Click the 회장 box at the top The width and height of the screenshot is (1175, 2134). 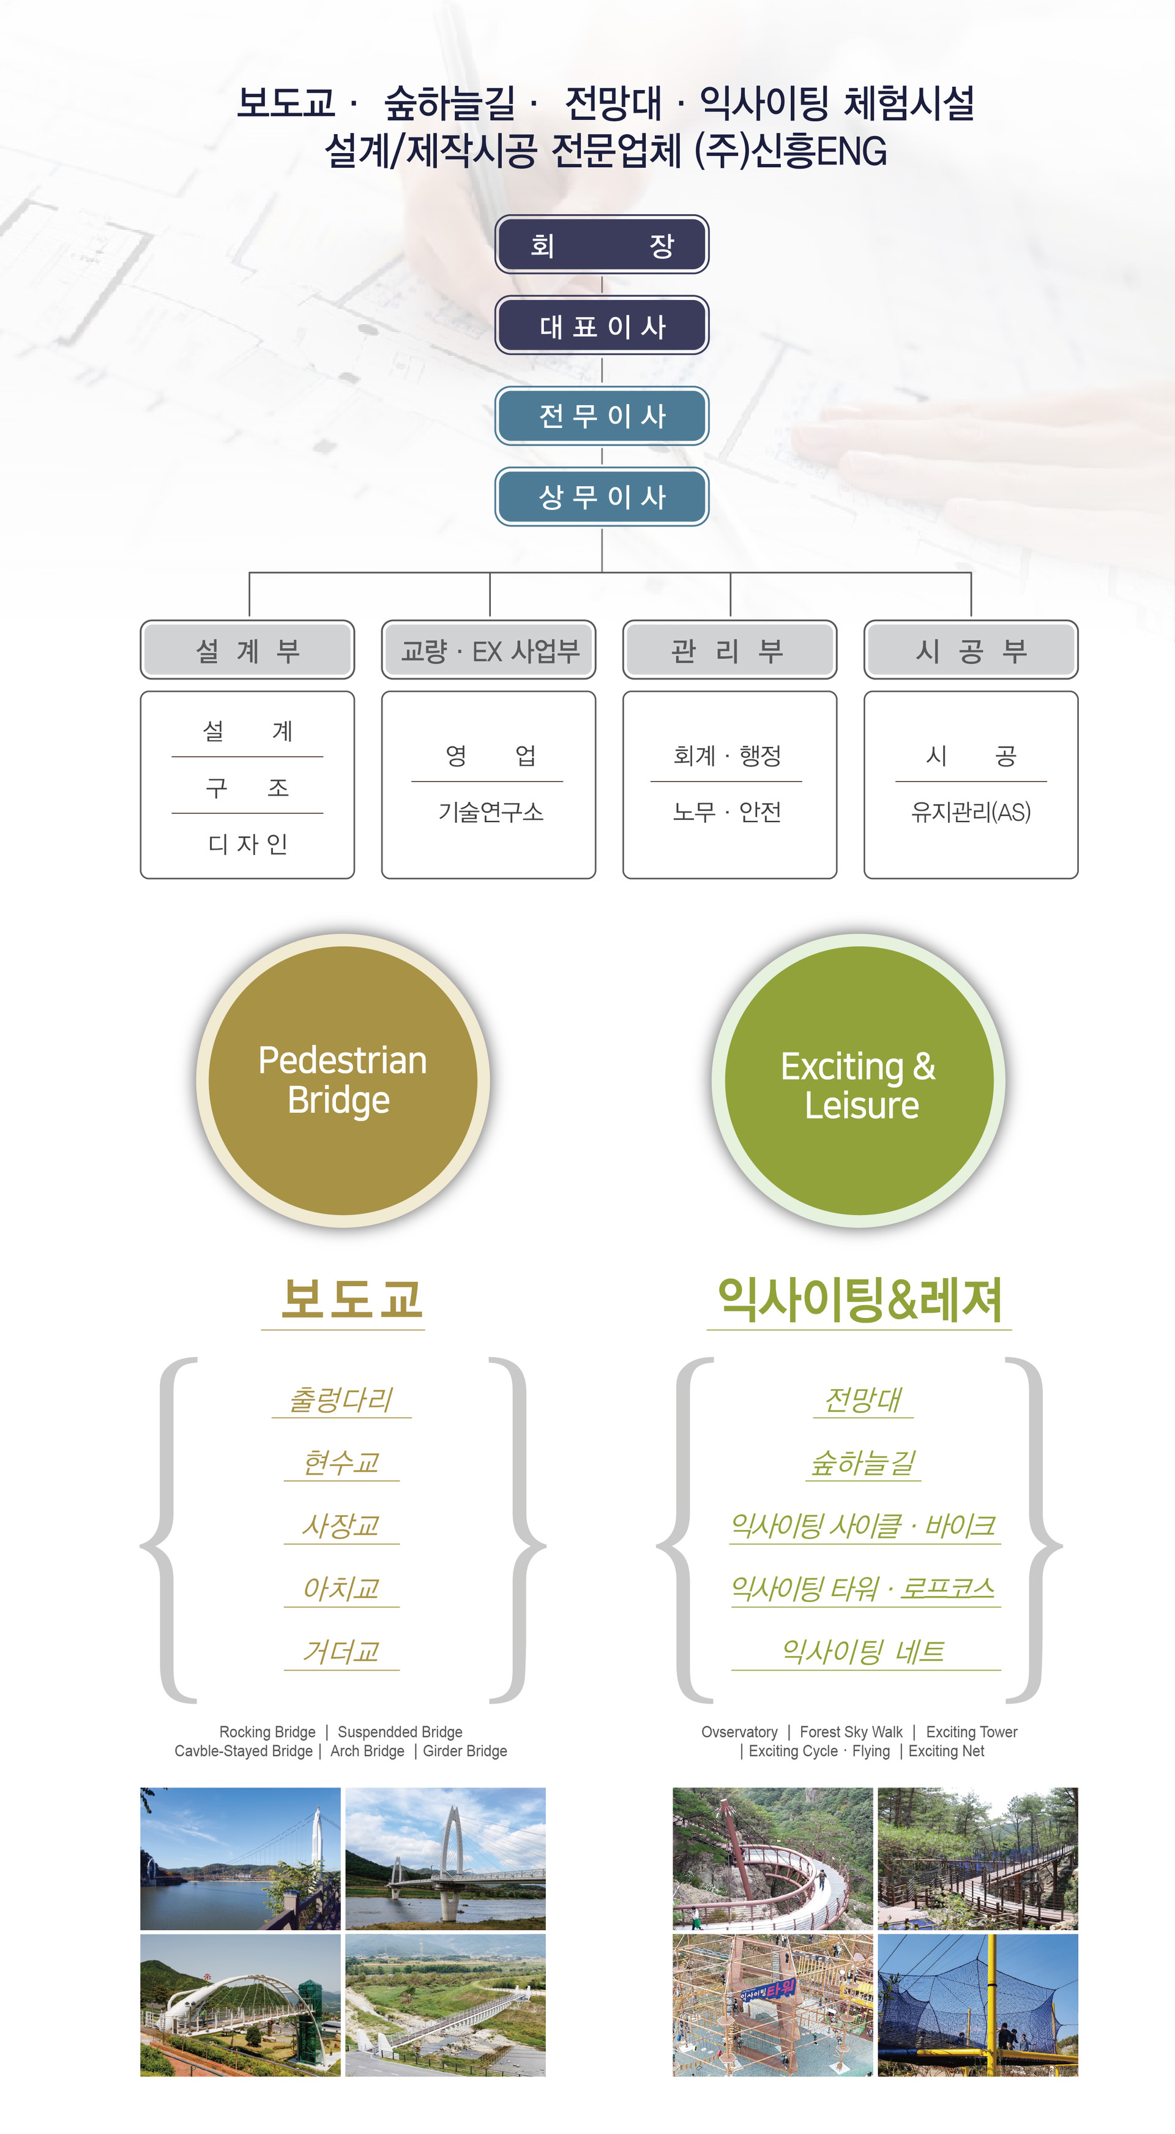pyautogui.click(x=602, y=244)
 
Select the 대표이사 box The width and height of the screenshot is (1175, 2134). pyautogui.click(x=602, y=326)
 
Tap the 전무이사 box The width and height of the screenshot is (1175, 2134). pyautogui.click(x=602, y=416)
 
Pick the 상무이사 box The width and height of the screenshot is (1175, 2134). pyautogui.click(x=602, y=496)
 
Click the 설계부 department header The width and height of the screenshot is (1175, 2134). pyautogui.click(x=248, y=650)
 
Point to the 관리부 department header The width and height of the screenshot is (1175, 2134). pyautogui.click(x=729, y=650)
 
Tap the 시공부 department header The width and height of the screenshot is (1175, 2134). pyautogui.click(x=971, y=650)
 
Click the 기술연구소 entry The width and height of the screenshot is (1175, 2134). pyautogui.click(x=490, y=812)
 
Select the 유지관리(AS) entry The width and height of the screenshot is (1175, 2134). pyautogui.click(x=971, y=812)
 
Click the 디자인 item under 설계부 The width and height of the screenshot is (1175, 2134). pyautogui.click(x=248, y=844)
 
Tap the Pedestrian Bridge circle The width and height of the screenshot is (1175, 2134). pyautogui.click(x=343, y=1080)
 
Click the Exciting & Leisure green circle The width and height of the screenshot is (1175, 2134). pyautogui.click(x=859, y=1080)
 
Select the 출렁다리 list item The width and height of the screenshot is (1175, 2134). pyautogui.click(x=341, y=1400)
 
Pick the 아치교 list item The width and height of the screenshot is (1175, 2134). pyautogui.click(x=341, y=1588)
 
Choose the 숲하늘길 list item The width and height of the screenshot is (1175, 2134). pyautogui.click(x=864, y=1463)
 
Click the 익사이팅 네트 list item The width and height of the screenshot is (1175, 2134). pyautogui.click(x=864, y=1651)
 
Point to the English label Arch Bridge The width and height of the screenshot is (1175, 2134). pyautogui.click(x=367, y=1750)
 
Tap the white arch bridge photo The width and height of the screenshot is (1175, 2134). pyautogui.click(x=240, y=2005)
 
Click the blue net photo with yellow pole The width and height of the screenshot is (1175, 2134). pyautogui.click(x=978, y=2005)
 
